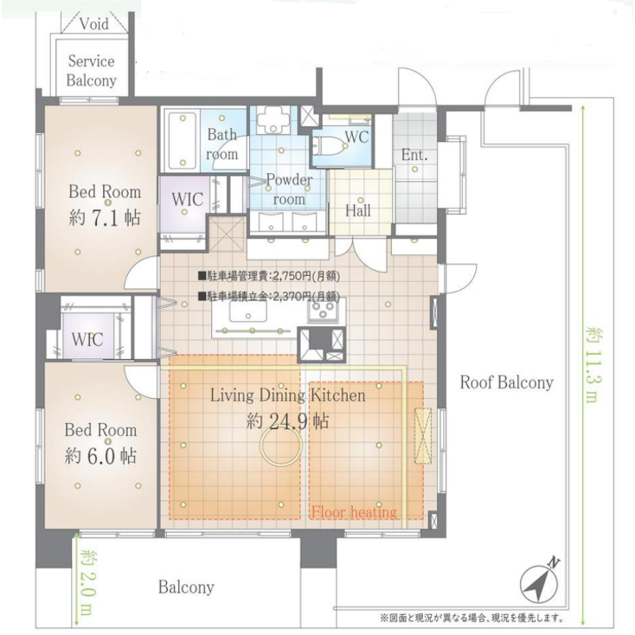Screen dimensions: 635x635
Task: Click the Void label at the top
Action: tap(93, 24)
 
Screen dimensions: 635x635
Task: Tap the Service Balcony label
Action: tap(92, 71)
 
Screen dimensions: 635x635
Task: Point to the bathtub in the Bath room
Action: tap(181, 140)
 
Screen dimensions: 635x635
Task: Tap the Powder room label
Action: tap(289, 189)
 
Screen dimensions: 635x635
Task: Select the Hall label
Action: tap(358, 210)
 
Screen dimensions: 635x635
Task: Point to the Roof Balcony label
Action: tap(506, 382)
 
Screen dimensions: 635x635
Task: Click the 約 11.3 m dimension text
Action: tap(592, 364)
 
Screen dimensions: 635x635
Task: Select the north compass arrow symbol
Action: tap(543, 581)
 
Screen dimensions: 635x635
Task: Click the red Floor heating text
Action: tap(354, 512)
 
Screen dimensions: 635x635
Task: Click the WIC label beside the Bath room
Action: tap(187, 199)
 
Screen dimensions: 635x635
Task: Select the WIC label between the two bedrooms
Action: tap(88, 339)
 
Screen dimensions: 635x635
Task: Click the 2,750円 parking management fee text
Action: tap(269, 277)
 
